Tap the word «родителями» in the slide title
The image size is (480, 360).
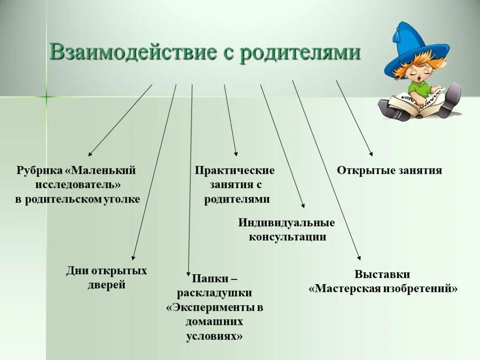click(300, 52)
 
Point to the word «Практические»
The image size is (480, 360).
click(235, 170)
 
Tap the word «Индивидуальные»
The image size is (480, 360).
click(286, 223)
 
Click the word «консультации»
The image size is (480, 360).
click(287, 237)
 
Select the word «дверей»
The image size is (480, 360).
click(106, 285)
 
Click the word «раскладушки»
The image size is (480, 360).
click(215, 293)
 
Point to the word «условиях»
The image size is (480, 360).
click(215, 337)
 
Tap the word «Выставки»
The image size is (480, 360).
click(382, 275)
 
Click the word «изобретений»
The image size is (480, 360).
click(423, 289)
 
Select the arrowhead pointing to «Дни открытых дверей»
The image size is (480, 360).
click(133, 257)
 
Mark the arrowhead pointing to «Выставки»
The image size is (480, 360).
click(359, 257)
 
